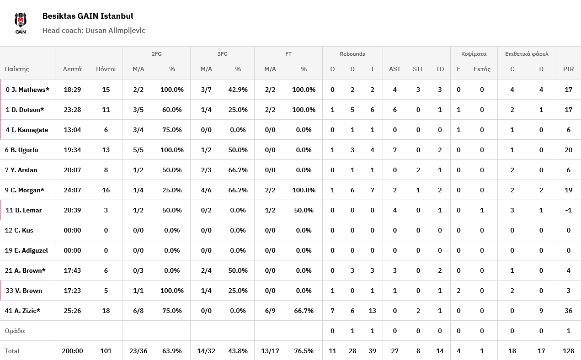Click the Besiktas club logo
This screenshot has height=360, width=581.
click(x=21, y=23)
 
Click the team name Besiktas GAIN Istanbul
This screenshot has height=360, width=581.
click(x=88, y=16)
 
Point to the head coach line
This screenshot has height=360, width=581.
click(x=94, y=31)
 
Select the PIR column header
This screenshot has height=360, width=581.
click(x=568, y=69)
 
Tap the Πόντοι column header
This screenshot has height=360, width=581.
click(x=106, y=69)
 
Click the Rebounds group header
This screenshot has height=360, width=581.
click(x=352, y=54)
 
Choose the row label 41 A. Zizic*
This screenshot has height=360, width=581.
click(x=22, y=311)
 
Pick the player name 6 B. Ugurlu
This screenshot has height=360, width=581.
click(x=21, y=150)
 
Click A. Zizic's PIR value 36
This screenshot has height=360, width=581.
click(x=568, y=311)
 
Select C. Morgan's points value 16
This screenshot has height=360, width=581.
click(x=106, y=190)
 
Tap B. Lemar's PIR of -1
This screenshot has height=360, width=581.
click(x=568, y=210)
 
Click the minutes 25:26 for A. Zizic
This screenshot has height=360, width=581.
click(x=72, y=311)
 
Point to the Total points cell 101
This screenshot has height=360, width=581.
click(x=106, y=351)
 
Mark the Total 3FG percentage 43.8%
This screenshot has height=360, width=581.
click(x=238, y=351)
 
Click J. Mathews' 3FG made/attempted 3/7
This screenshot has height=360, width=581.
click(x=206, y=90)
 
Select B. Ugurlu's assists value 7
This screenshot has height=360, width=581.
click(x=394, y=150)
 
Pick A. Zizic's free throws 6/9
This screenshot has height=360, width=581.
click(x=270, y=311)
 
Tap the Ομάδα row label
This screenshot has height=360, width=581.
click(x=15, y=331)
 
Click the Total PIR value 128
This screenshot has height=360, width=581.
click(x=568, y=351)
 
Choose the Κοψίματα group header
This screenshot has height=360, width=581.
click(x=474, y=54)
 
